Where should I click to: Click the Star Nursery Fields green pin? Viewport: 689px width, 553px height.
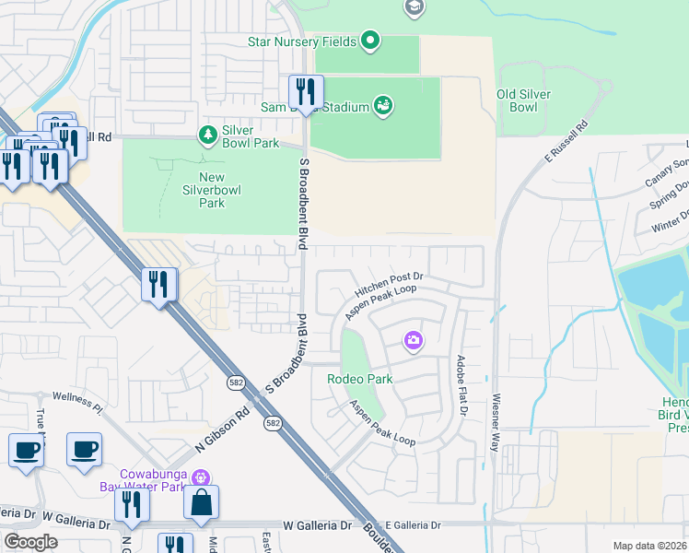(x=369, y=41)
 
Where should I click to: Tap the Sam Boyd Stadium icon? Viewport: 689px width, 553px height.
(x=383, y=106)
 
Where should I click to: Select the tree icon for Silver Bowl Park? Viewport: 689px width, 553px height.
(x=208, y=135)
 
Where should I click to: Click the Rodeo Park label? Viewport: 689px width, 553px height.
(x=360, y=379)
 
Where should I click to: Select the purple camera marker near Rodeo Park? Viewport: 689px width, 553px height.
(x=414, y=342)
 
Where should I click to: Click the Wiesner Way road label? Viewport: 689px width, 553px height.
(x=495, y=423)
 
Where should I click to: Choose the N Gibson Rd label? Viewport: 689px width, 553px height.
(x=221, y=430)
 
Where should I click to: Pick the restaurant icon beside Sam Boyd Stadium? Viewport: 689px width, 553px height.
(x=306, y=92)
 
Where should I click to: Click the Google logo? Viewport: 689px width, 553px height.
(x=30, y=542)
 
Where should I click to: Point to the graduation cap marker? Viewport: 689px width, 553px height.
(x=415, y=7)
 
